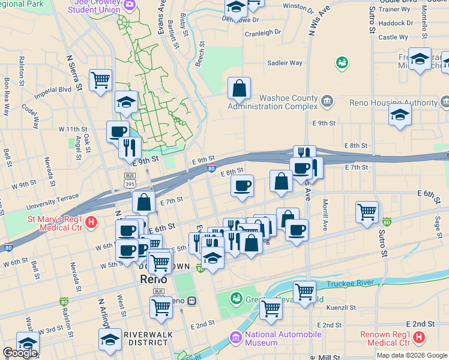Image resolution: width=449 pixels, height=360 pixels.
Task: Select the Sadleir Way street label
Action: point(285,62)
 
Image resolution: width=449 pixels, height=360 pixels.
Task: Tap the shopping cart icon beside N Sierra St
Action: point(101,80)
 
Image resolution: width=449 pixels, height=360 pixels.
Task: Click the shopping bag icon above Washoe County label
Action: point(239,88)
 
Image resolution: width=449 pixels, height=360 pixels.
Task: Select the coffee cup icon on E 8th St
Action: point(242,185)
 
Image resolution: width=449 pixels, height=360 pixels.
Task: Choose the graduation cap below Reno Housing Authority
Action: point(399,115)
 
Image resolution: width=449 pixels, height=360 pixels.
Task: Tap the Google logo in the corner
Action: point(20,353)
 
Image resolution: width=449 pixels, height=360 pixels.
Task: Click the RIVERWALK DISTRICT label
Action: point(146,338)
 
